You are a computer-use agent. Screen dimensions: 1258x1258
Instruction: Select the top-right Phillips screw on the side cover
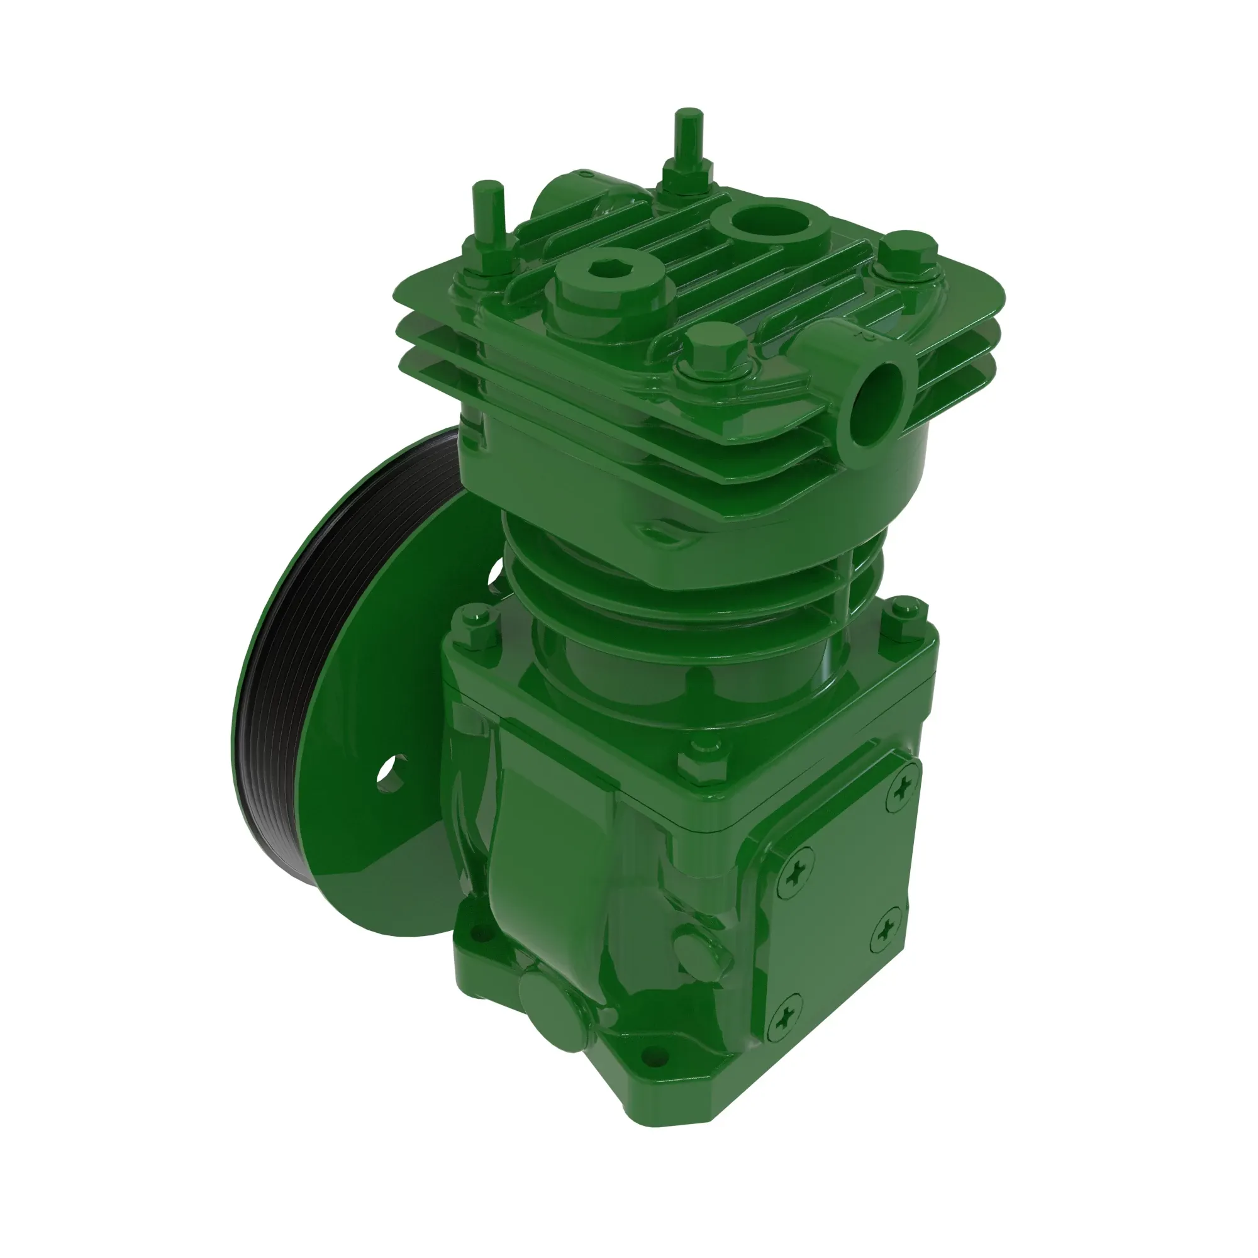point(904,789)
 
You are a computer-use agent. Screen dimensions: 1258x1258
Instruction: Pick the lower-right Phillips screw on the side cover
point(887,933)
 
